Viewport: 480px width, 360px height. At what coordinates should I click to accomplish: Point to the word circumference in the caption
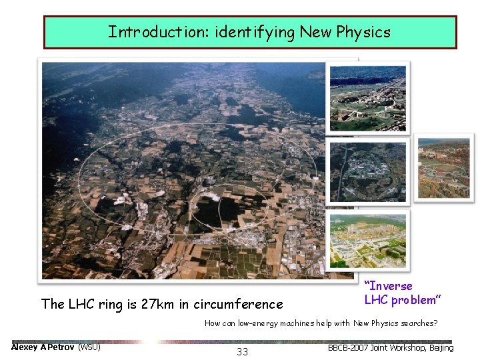click(x=239, y=305)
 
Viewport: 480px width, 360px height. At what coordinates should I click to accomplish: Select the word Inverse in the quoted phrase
click(x=389, y=286)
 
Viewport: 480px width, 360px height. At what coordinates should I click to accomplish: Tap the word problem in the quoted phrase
click(x=413, y=299)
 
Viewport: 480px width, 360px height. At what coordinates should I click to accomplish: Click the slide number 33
click(x=242, y=351)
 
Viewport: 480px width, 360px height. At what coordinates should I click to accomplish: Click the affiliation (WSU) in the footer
click(x=89, y=347)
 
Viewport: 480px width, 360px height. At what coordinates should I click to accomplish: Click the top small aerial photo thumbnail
click(x=368, y=97)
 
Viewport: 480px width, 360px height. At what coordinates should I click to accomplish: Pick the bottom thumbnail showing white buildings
click(x=368, y=241)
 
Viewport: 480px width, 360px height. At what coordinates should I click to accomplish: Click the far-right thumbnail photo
click(x=444, y=167)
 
